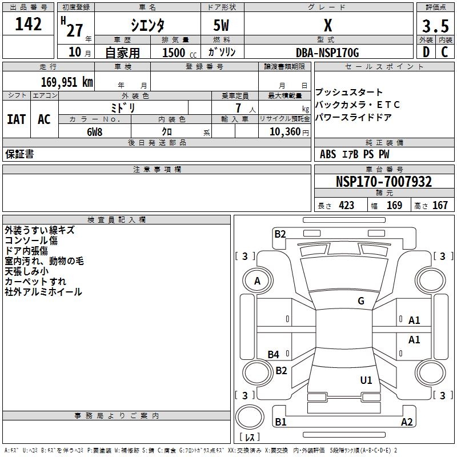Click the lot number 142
(x=29, y=25)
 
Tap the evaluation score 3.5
(x=435, y=26)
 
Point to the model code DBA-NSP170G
(x=327, y=53)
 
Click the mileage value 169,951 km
(x=67, y=82)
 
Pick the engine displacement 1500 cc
(x=175, y=53)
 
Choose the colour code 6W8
(x=95, y=131)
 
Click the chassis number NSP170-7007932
(x=383, y=182)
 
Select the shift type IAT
(x=16, y=119)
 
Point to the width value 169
(x=394, y=206)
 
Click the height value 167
(x=440, y=206)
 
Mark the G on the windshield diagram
(x=361, y=301)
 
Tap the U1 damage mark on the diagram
(x=366, y=380)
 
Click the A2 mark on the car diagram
(x=407, y=422)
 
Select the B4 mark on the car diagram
(x=274, y=355)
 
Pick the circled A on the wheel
(x=257, y=281)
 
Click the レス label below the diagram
(x=252, y=438)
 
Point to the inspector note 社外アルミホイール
(x=43, y=292)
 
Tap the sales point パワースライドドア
(x=354, y=118)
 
